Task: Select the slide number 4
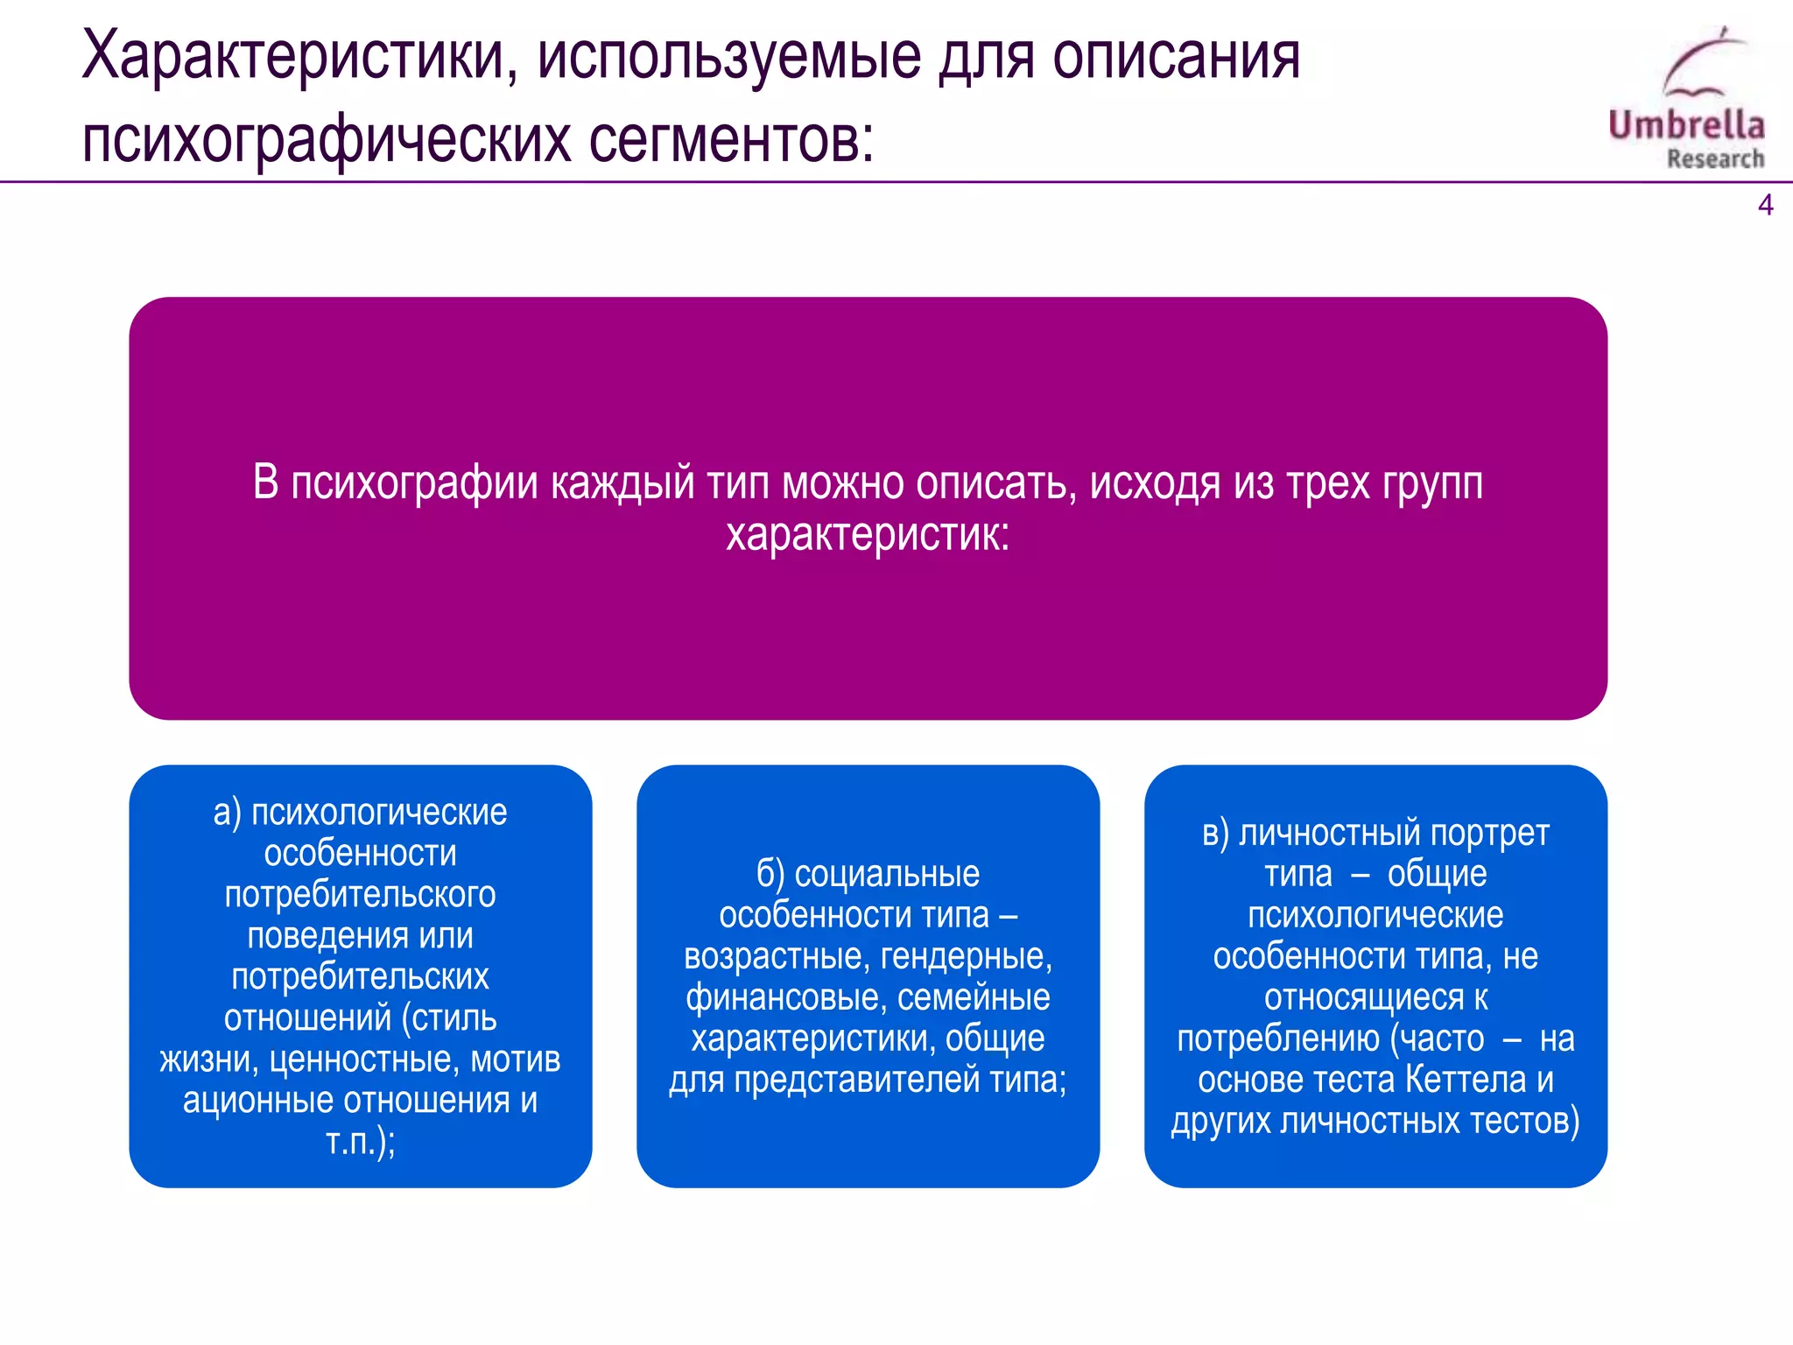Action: click(x=1765, y=205)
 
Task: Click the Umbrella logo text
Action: click(x=1686, y=125)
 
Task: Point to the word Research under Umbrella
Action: click(x=1715, y=159)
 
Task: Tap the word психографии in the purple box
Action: click(x=414, y=483)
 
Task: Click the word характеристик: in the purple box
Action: click(x=868, y=534)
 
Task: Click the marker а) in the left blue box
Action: click(x=227, y=813)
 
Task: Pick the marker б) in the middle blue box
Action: click(x=770, y=875)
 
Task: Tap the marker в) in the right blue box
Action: click(x=1215, y=834)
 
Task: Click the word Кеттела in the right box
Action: click(x=1466, y=1081)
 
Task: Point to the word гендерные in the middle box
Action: click(x=966, y=956)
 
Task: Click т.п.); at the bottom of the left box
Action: click(x=361, y=1142)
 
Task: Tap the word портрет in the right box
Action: click(x=1489, y=834)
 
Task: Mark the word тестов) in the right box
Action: click(x=1524, y=1122)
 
